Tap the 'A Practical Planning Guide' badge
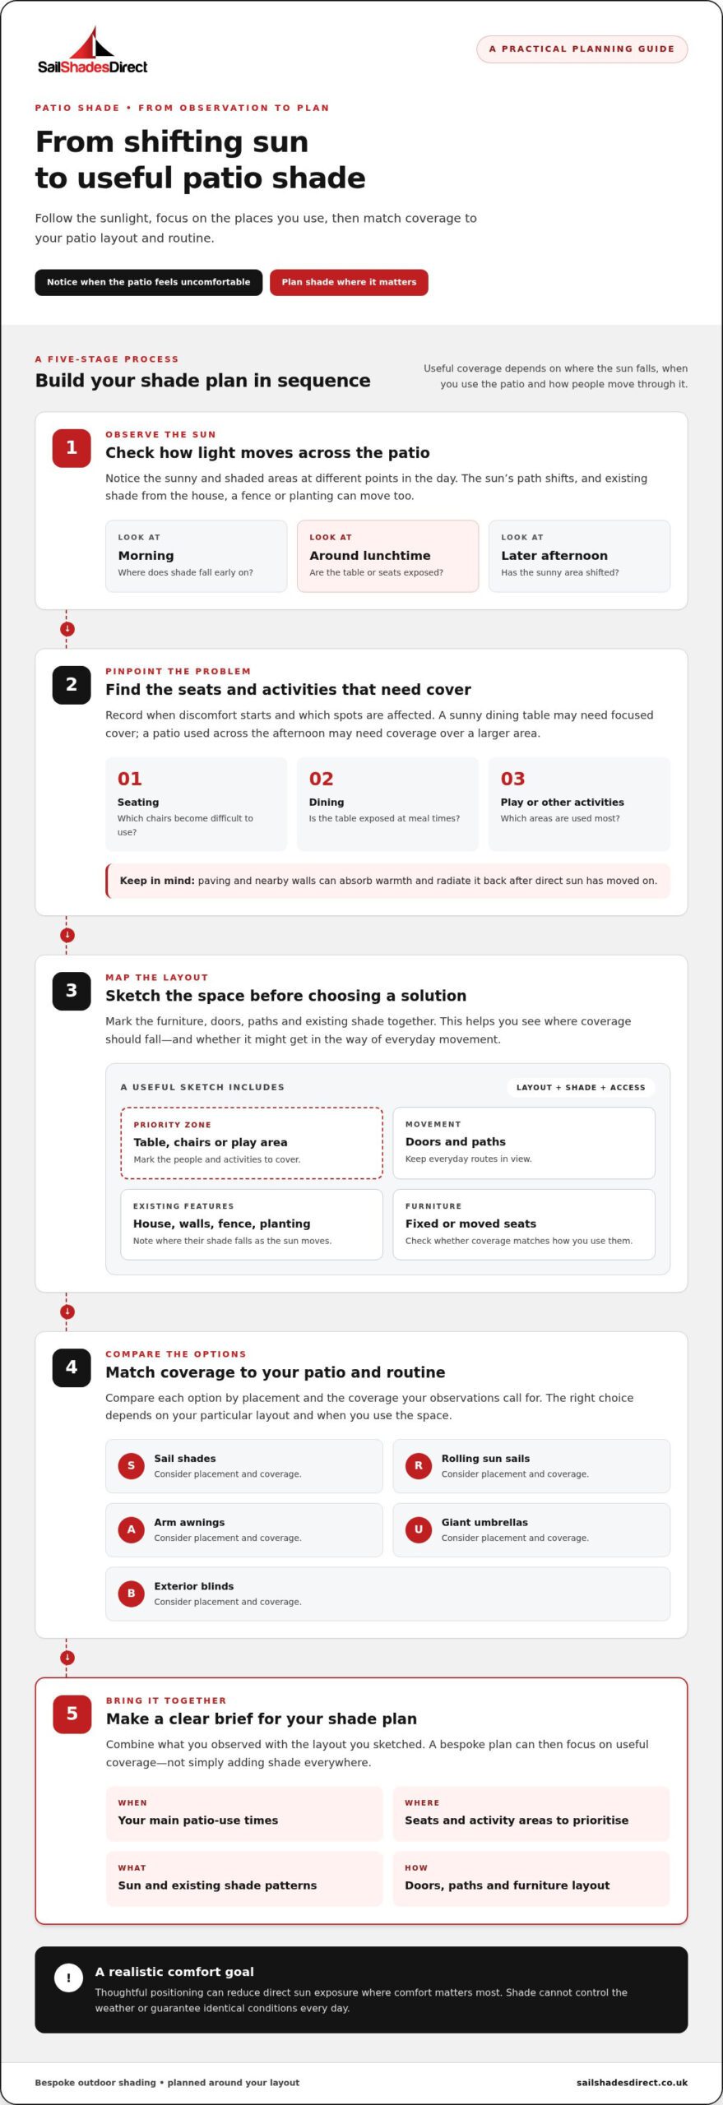coord(582,49)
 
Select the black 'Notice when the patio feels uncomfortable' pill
coord(148,282)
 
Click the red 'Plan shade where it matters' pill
coord(349,282)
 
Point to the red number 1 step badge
coord(72,448)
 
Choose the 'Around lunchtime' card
coord(387,556)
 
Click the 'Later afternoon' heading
coord(554,556)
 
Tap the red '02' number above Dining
coord(322,779)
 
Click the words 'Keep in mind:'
coord(157,881)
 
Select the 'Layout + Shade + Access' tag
coord(581,1087)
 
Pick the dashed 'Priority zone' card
coord(252,1143)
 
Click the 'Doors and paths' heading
coord(456,1142)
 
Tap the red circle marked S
coord(131,1465)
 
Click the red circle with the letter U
coord(419,1529)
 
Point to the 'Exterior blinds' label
coord(194,1586)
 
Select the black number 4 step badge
coord(72,1367)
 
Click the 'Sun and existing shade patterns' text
coord(217,1885)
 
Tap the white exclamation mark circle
coord(68,1978)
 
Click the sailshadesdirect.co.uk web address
coord(632,2083)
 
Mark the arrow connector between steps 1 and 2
coord(67,629)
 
